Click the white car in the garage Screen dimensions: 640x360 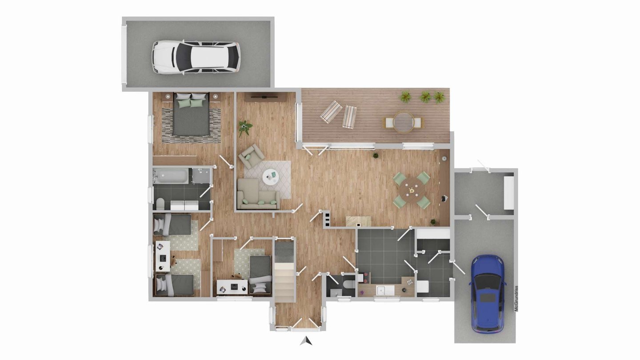pyautogui.click(x=196, y=57)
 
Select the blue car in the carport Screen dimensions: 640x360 pyautogui.click(x=488, y=294)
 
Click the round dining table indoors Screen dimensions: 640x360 pyautogui.click(x=412, y=190)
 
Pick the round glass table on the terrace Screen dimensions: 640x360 pyautogui.click(x=403, y=122)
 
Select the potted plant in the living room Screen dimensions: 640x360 pyautogui.click(x=245, y=128)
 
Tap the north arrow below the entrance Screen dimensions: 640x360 pyautogui.click(x=306, y=341)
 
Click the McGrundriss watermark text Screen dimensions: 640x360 pyautogui.click(x=516, y=299)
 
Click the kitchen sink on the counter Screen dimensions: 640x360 pyautogui.click(x=385, y=290)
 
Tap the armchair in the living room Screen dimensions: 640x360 pyautogui.click(x=252, y=155)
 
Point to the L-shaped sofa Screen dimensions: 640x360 pyautogui.click(x=258, y=194)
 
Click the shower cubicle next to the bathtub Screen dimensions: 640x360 pyautogui.click(x=201, y=176)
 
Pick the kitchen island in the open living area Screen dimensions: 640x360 pyautogui.click(x=359, y=221)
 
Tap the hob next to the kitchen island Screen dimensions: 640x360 pyautogui.click(x=326, y=218)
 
